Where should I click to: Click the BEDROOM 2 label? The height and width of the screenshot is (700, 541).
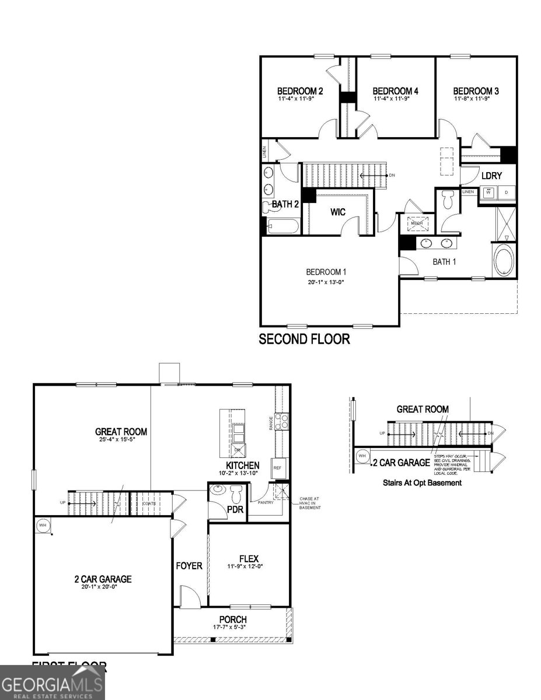(x=300, y=91)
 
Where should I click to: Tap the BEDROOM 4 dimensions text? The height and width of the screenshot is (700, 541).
(x=396, y=99)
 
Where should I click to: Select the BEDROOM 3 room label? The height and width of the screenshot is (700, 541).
(x=476, y=91)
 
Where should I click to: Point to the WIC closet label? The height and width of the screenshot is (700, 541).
(x=338, y=212)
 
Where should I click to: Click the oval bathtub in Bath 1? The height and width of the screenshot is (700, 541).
(x=505, y=260)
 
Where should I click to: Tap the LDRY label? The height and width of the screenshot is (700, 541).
(x=491, y=176)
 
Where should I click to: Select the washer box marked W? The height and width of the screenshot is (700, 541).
(x=488, y=193)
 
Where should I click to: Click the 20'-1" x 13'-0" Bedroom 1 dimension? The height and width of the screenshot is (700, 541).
(x=326, y=283)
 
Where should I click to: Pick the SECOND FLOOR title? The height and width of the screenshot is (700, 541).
(x=304, y=339)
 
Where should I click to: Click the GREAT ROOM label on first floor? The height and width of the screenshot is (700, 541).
(x=121, y=432)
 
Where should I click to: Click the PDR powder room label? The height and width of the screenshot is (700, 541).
(x=235, y=510)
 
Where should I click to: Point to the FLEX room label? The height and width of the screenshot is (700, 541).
(x=249, y=558)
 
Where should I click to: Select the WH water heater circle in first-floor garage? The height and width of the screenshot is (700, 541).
(x=43, y=525)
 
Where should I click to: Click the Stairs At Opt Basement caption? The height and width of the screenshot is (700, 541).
(x=422, y=482)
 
